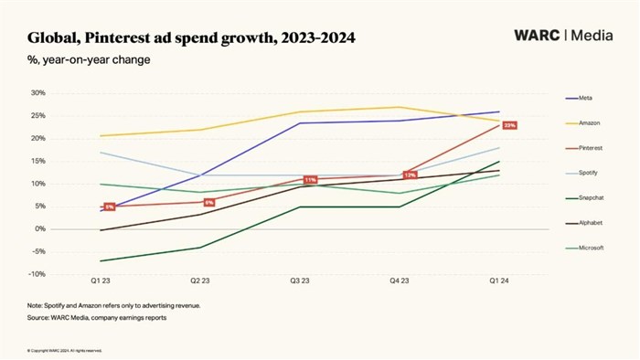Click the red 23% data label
click(x=510, y=125)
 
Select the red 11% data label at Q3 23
click(x=310, y=180)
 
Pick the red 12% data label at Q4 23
click(x=410, y=175)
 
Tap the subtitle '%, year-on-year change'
click(x=89, y=60)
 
